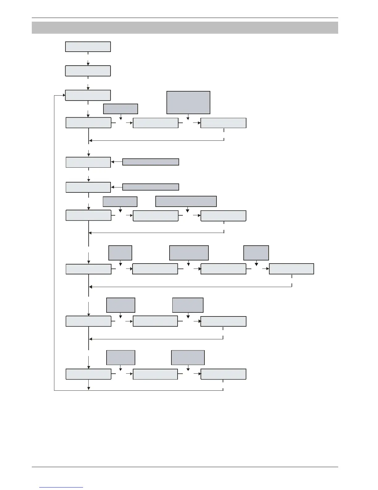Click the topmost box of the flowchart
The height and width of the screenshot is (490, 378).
[x=88, y=47]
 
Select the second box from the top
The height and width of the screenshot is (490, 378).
[x=88, y=71]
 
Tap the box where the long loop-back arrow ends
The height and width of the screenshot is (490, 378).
[x=88, y=95]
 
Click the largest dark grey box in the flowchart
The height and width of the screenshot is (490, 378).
[x=188, y=102]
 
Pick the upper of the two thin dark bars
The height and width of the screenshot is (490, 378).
[x=151, y=162]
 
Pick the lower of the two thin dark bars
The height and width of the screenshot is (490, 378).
[x=151, y=187]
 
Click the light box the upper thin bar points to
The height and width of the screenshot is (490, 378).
[x=88, y=162]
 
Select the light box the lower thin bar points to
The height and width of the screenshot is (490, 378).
[x=88, y=187]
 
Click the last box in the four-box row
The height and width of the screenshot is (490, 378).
[x=292, y=269]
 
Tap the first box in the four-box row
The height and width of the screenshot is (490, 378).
[x=88, y=269]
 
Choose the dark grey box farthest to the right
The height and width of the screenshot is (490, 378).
[x=256, y=253]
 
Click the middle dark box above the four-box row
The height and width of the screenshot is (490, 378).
[x=189, y=253]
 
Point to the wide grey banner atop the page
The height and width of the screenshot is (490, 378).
[x=185, y=28]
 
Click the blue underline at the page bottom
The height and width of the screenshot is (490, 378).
[x=61, y=488]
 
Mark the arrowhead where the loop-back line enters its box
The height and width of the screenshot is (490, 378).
[x=64, y=96]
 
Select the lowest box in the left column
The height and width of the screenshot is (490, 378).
[x=88, y=374]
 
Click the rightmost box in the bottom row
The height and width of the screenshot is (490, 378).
[x=223, y=374]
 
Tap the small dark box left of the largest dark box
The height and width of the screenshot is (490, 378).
[x=120, y=109]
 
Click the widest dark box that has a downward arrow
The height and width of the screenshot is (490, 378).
[x=186, y=201]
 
